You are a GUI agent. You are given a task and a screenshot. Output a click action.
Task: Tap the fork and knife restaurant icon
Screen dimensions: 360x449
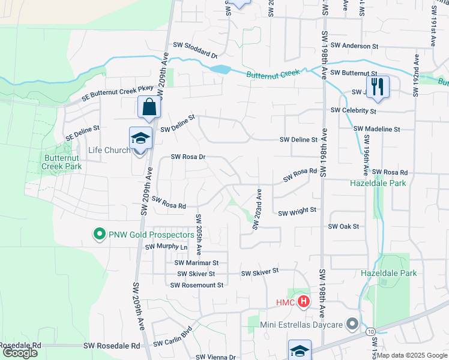[378, 86]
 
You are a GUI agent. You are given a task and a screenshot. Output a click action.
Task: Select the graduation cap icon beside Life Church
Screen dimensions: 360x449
[140, 138]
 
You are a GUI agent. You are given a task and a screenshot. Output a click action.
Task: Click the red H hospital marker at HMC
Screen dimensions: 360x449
[304, 302]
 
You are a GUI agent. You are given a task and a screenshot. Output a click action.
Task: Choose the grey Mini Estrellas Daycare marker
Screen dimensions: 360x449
[352, 325]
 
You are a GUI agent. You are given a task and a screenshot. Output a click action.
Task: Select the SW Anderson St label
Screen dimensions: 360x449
[358, 46]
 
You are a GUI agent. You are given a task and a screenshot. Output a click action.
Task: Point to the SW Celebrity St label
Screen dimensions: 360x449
[353, 111]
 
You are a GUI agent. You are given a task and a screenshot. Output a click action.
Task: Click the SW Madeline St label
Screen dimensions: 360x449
[376, 129]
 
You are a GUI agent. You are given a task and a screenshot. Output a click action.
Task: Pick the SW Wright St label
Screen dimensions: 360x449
[297, 211]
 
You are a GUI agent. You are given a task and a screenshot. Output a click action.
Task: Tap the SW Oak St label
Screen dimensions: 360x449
[343, 226]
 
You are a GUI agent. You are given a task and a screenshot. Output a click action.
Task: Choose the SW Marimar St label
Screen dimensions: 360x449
[196, 262]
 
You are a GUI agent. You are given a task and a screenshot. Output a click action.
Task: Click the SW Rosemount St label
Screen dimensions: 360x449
[196, 285]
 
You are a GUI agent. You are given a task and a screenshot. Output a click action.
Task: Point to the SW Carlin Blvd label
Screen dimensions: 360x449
[172, 337]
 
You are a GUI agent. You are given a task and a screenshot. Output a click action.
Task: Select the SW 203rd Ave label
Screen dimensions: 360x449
[257, 209]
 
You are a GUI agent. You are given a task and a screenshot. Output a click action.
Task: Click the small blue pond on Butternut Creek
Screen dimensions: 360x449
[220, 70]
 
